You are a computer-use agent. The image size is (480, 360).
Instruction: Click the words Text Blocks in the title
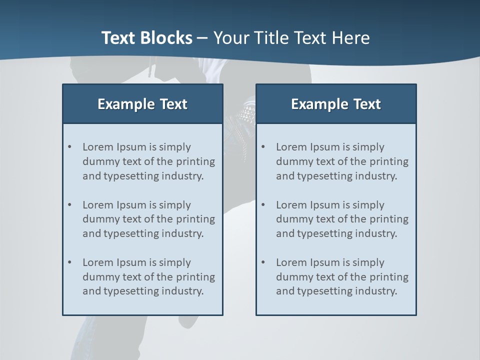[146, 38]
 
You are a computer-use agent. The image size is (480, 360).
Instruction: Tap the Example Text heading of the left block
[142, 104]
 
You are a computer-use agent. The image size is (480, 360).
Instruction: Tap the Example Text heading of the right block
[336, 104]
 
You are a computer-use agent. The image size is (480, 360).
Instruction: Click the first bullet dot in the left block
[69, 147]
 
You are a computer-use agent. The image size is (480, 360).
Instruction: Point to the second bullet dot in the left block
[69, 205]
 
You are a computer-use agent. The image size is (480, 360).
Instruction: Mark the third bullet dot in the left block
[69, 262]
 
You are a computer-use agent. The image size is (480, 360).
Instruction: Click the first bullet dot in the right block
[263, 147]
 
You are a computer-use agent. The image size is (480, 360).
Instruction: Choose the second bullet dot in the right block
[263, 205]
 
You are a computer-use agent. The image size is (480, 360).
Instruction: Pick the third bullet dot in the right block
[263, 262]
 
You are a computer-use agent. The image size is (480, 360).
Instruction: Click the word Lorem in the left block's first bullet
[97, 147]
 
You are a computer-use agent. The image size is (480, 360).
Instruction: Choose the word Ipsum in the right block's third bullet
[326, 262]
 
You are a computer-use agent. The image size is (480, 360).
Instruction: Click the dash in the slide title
[202, 38]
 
